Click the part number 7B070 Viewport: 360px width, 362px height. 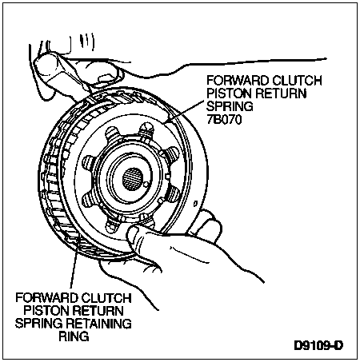coord(224,119)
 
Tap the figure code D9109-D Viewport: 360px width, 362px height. coord(318,345)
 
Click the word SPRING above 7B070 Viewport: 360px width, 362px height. coord(230,106)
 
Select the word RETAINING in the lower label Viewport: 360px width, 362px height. coord(98,324)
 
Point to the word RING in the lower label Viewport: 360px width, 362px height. coord(74,336)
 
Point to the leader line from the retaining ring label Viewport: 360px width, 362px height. coord(74,262)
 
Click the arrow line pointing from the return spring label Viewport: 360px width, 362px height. coord(185,112)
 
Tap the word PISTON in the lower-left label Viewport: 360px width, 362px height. coord(47,311)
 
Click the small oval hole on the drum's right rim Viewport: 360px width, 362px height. coord(195,204)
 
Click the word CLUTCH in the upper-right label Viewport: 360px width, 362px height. coord(298,81)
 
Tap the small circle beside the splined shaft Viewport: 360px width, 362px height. coord(146,185)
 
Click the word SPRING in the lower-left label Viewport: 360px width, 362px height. coord(39,324)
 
